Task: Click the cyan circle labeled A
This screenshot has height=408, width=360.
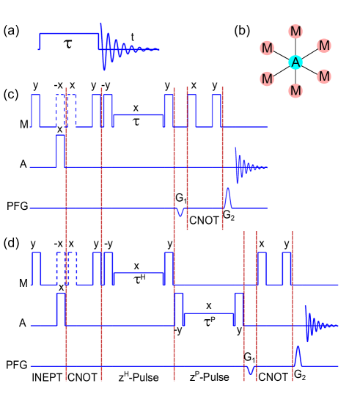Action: [295, 62]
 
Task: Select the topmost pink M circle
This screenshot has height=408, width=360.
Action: [295, 32]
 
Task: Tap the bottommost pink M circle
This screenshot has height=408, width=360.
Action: [295, 91]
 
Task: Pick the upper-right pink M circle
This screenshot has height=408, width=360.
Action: [323, 46]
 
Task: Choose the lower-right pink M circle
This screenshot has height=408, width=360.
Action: [323, 76]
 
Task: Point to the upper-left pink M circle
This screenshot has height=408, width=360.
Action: [267, 48]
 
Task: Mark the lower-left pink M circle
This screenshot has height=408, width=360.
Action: [267, 79]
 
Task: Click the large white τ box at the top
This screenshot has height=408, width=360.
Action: [67, 43]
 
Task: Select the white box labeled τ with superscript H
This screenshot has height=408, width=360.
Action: [136, 278]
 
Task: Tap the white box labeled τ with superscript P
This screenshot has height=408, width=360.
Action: [206, 321]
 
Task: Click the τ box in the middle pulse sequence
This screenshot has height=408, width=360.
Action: [136, 120]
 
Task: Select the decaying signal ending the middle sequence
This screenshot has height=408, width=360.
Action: [246, 167]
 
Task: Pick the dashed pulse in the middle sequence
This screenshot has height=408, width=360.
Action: [66, 110]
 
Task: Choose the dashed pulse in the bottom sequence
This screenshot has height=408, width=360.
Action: [66, 268]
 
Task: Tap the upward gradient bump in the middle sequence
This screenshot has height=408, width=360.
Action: [227, 198]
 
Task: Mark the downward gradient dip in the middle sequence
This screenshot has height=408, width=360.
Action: [180, 212]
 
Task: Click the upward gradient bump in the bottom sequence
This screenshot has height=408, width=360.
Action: [298, 356]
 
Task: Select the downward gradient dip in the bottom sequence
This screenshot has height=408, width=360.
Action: [251, 370]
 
